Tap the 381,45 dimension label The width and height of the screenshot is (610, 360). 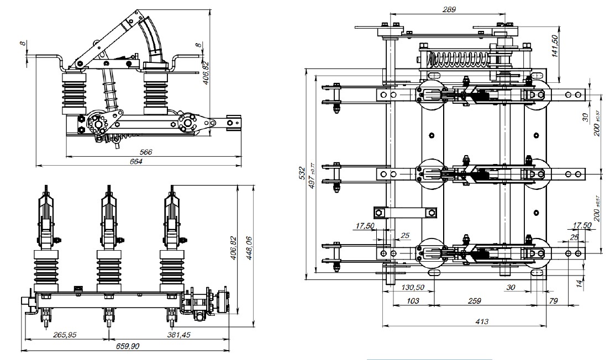point(186,335)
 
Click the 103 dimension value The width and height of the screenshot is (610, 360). point(411,301)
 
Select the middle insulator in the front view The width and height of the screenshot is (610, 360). point(108,272)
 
